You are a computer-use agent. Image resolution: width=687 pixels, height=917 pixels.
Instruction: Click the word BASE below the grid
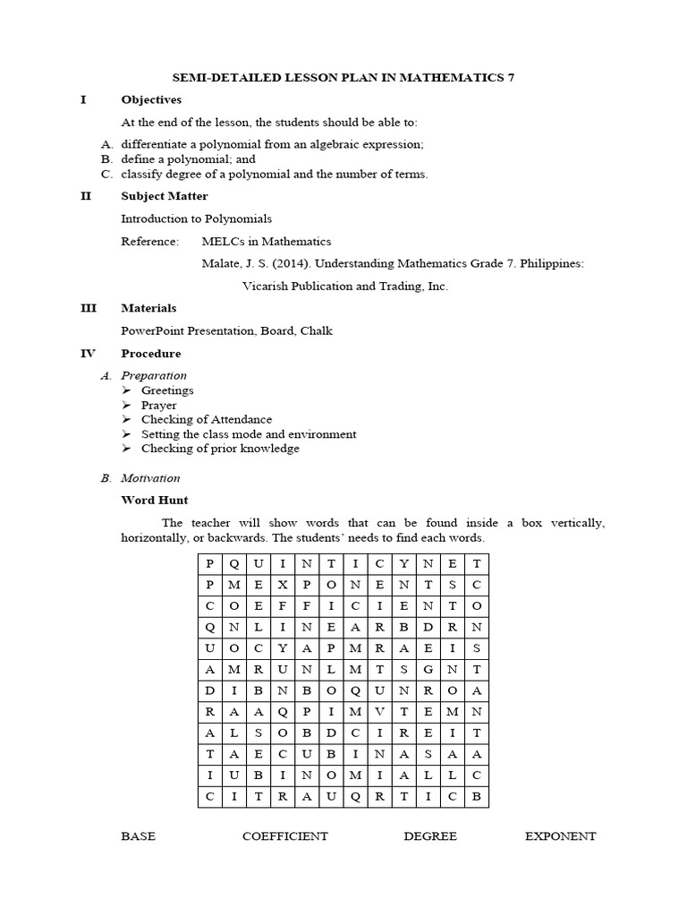(x=138, y=836)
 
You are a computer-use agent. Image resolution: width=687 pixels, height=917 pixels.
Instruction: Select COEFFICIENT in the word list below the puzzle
(x=284, y=836)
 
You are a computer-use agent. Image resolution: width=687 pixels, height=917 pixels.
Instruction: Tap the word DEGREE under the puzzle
(x=429, y=836)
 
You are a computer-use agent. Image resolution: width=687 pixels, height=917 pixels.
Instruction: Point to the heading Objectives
(x=151, y=99)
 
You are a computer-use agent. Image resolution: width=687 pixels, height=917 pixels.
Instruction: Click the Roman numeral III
(x=88, y=308)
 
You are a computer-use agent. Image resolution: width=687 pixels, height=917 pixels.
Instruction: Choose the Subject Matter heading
(x=165, y=196)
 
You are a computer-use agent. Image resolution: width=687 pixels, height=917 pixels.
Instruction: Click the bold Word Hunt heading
(x=155, y=500)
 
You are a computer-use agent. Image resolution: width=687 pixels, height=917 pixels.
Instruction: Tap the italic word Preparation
(x=154, y=376)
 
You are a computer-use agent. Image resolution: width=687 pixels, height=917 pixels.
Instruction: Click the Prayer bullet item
(x=158, y=405)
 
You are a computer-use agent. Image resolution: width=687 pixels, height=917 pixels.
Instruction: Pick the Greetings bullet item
(x=166, y=390)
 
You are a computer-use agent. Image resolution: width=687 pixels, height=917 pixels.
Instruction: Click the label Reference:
(x=149, y=242)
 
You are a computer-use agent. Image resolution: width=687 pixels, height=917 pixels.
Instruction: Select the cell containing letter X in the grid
(x=283, y=584)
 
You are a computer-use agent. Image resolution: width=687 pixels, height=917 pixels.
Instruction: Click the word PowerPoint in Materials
(x=151, y=330)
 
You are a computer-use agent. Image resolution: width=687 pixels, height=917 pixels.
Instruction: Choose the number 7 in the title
(x=511, y=78)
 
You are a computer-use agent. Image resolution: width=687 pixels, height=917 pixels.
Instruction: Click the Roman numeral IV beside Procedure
(x=88, y=354)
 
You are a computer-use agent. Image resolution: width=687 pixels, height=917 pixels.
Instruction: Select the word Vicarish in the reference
(x=267, y=287)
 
